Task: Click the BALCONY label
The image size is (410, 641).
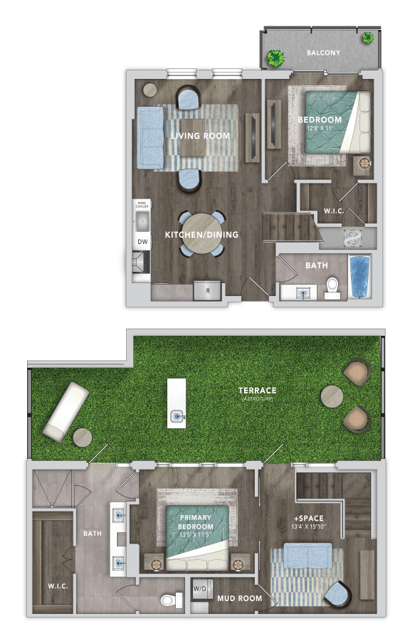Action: (x=323, y=53)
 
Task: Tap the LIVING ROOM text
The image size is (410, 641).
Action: (x=200, y=136)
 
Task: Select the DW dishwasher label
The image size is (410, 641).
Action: (x=142, y=243)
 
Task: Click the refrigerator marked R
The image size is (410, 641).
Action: (x=207, y=290)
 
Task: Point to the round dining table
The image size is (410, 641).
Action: (x=201, y=234)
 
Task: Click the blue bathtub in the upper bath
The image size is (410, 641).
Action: (x=359, y=277)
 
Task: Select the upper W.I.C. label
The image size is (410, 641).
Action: (x=335, y=211)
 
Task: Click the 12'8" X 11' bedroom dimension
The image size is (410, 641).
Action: (x=320, y=128)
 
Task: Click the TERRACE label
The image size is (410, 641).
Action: (x=258, y=391)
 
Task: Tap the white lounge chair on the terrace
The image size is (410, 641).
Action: (x=65, y=410)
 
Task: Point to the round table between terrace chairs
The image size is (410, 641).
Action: (x=330, y=396)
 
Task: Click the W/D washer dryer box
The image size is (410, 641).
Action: (x=200, y=588)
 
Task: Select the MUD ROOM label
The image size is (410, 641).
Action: (x=239, y=598)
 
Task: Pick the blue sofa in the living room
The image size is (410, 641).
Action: (x=150, y=138)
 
